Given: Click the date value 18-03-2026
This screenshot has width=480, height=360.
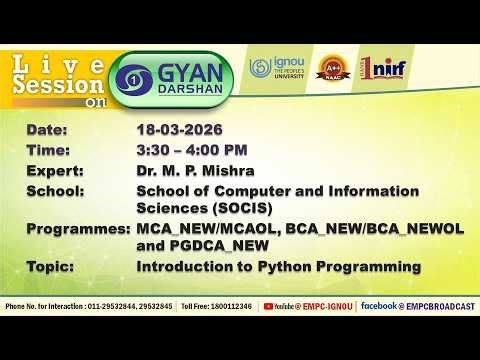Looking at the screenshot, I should tap(179, 130).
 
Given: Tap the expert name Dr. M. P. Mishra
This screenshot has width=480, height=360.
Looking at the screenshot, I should tap(196, 170).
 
